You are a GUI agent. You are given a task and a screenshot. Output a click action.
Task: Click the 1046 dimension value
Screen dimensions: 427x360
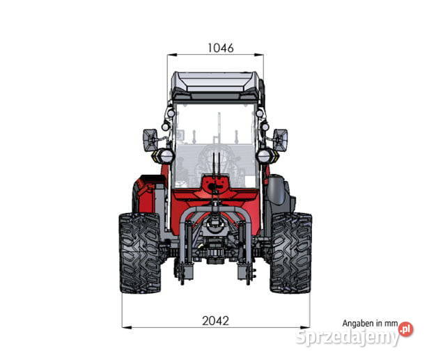click(221, 48)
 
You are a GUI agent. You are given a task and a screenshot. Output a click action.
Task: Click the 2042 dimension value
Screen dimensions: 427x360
click(215, 321)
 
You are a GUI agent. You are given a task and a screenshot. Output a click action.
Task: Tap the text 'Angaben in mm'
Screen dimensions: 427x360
click(370, 324)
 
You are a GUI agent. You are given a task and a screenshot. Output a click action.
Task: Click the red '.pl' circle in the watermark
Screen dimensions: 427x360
click(406, 329)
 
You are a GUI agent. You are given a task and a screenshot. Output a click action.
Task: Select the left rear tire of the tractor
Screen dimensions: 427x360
click(140, 253)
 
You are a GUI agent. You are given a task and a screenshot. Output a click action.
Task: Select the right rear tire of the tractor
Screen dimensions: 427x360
click(291, 253)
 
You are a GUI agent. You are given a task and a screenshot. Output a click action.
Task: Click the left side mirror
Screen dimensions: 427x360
click(150, 140)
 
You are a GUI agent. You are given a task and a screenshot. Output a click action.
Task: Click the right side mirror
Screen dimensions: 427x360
click(281, 140)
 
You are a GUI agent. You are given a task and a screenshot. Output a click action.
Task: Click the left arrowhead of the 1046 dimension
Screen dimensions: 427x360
click(171, 55)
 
